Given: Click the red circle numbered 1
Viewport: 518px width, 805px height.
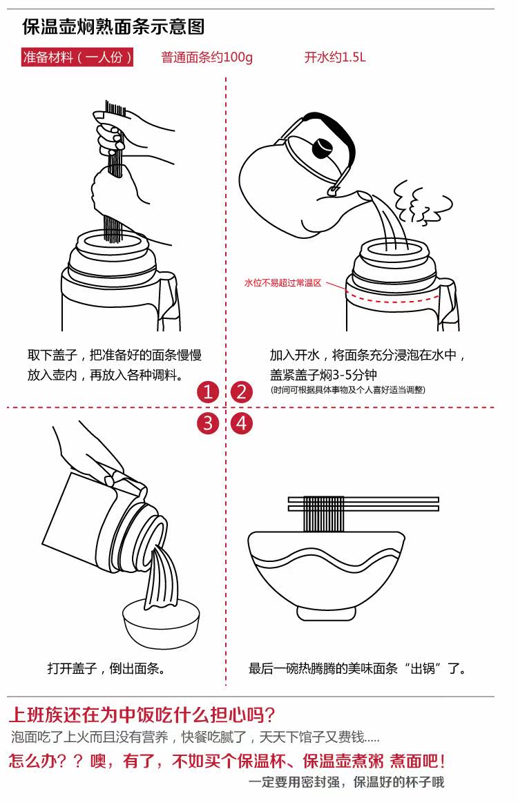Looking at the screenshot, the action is coord(208,393).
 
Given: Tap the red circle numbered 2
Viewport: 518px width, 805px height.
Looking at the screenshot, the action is coord(241,393).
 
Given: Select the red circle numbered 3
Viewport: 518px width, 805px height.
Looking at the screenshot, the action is coord(208,423).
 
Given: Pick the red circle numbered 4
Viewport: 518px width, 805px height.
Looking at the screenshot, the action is coord(241,423).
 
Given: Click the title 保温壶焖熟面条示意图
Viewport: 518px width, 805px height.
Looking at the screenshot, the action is coord(113,27).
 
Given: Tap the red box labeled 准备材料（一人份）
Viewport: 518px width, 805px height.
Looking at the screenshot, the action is coord(77,57).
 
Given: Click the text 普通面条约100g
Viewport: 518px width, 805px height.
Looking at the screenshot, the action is coord(207,57).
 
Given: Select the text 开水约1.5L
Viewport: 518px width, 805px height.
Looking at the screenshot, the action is coord(335,57).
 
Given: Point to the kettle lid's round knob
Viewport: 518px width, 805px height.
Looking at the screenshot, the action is coord(322,147).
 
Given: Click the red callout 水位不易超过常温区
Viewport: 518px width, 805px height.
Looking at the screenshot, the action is coord(283,282).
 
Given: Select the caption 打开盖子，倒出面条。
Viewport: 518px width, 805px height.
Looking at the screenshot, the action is coord(106,668).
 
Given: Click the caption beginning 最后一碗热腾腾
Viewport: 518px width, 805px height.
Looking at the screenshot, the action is coord(358,668).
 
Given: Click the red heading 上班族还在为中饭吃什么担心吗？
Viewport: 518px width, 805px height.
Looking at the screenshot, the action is coord(142,714).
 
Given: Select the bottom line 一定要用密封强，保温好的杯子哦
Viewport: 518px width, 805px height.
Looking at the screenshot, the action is coord(347,782).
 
